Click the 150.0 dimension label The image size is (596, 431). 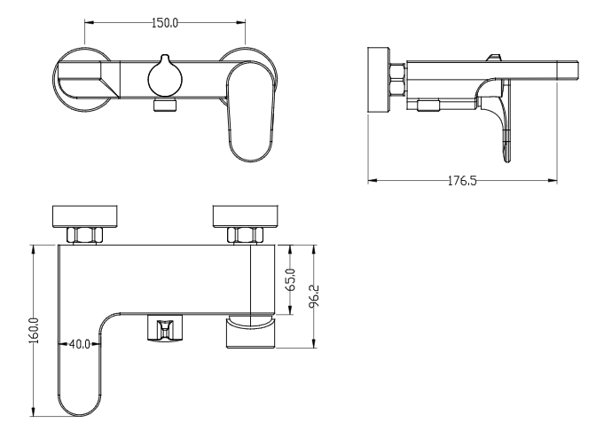coord(165,23)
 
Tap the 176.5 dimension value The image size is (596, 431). coord(462,181)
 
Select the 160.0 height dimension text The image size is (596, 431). coord(34,330)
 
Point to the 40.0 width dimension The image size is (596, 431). coord(80,344)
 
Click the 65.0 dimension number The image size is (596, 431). coord(291,279)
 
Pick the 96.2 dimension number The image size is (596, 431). coord(314,295)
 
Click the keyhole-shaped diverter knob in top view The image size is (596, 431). coord(165,76)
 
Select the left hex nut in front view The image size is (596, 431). coord(84,235)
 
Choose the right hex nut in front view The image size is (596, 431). coord(245,235)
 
